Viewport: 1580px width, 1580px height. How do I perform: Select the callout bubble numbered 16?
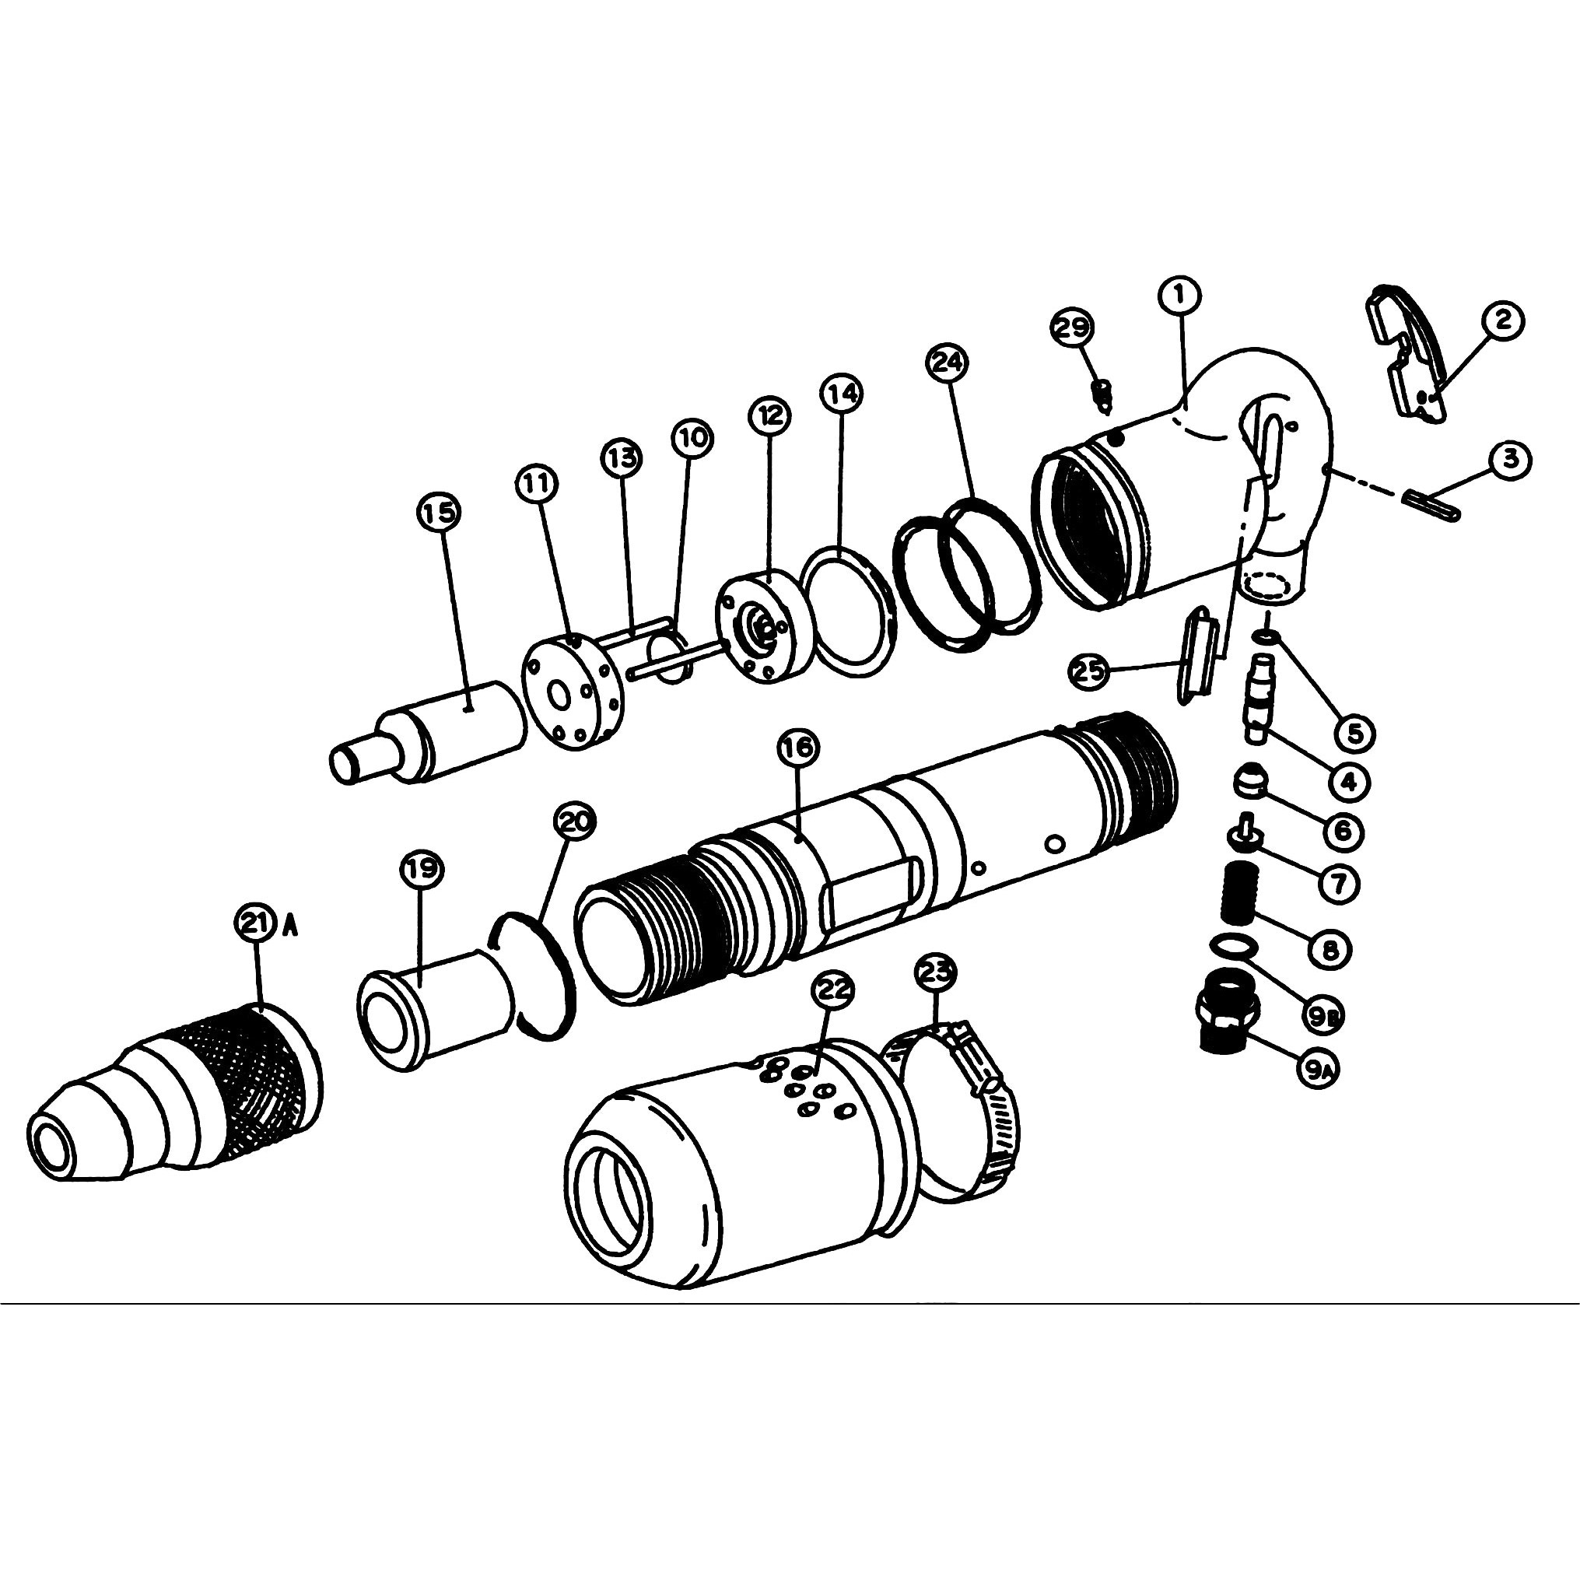click(x=799, y=747)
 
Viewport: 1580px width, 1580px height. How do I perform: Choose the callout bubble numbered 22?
click(x=832, y=990)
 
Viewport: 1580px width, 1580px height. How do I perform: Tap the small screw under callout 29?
click(x=1104, y=396)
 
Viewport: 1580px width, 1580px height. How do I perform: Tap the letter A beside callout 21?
click(x=289, y=927)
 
